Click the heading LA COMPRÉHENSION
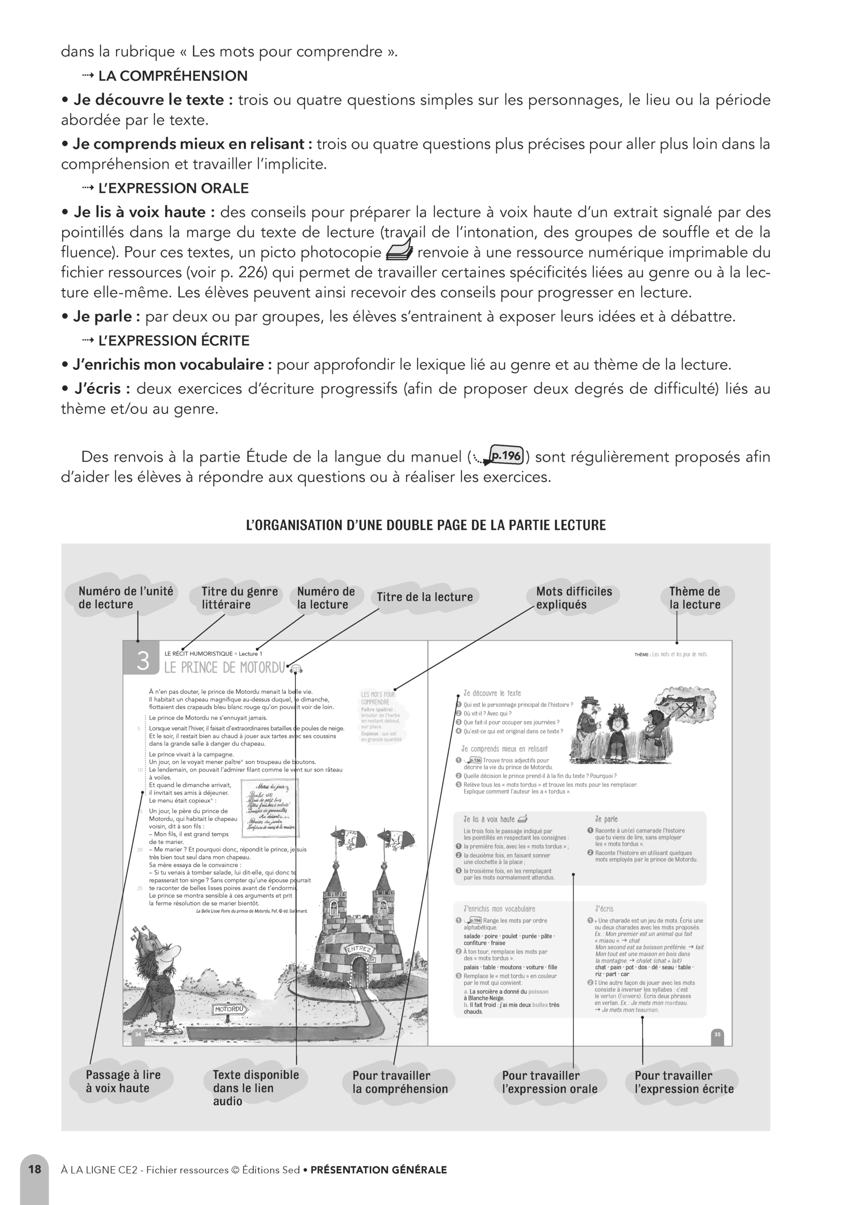(173, 76)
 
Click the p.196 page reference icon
(505, 456)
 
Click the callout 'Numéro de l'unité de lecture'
(126, 597)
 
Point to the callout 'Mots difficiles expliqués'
(573, 597)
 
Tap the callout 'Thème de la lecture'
(694, 597)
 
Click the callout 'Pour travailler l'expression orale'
(549, 1082)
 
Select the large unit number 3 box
(142, 660)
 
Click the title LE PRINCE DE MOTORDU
(224, 667)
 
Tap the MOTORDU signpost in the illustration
(229, 1009)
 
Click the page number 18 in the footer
(35, 1169)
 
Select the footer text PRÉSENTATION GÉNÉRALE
(378, 1170)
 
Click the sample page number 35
(717, 1035)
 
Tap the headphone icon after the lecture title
(297, 668)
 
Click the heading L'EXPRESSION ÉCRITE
(174, 341)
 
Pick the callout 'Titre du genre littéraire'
(239, 597)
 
